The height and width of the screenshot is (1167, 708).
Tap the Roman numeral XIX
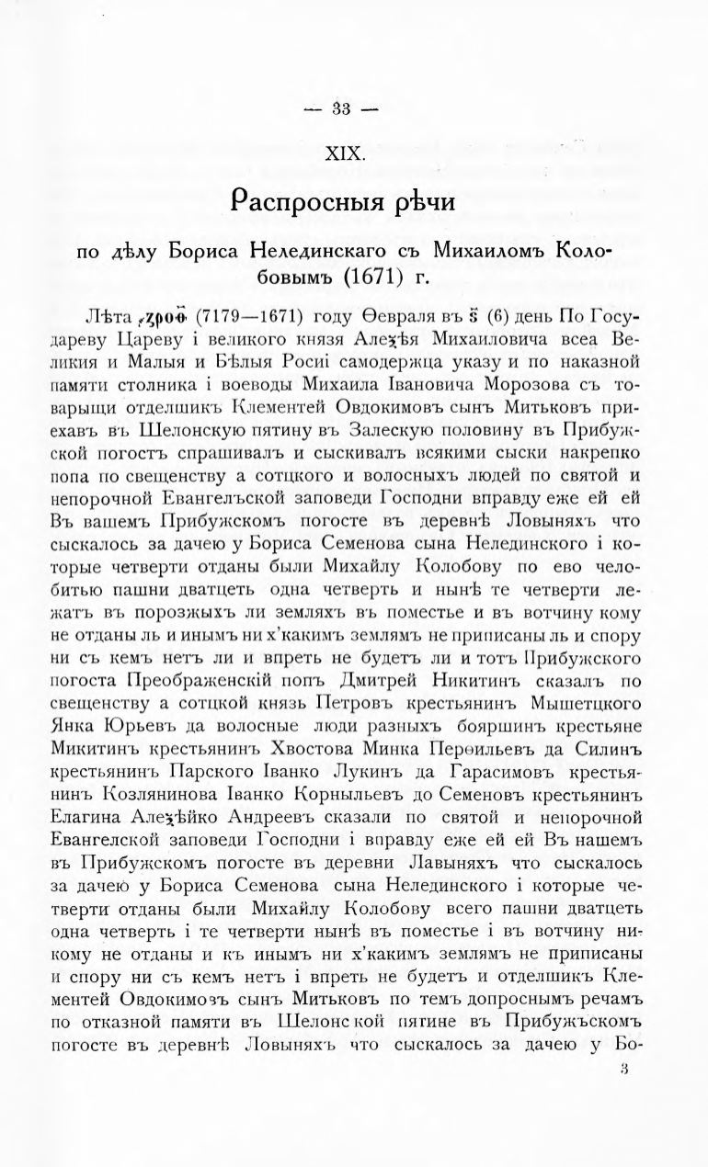point(342,155)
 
